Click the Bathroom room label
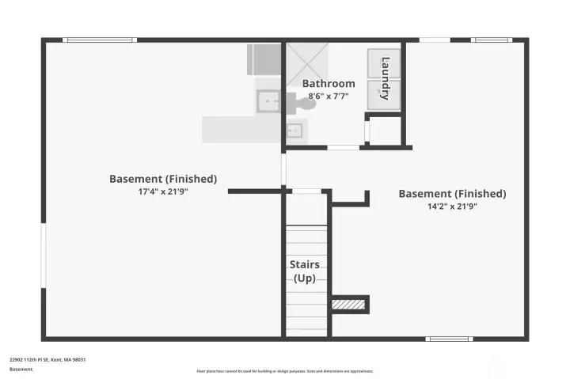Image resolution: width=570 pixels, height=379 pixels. (x=329, y=83)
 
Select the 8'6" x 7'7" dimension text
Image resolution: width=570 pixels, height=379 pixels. (x=329, y=97)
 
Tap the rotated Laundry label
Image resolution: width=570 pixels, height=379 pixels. (x=386, y=78)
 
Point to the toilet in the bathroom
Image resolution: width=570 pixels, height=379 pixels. (x=306, y=102)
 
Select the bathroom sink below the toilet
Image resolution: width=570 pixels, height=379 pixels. (x=294, y=130)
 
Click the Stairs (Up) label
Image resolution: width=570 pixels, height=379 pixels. (x=306, y=271)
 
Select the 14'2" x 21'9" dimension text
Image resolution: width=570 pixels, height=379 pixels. (x=452, y=207)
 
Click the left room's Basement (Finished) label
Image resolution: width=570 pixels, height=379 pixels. (x=163, y=179)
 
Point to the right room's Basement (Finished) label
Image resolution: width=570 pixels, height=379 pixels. (x=452, y=193)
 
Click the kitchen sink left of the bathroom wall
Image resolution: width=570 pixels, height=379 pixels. (x=268, y=101)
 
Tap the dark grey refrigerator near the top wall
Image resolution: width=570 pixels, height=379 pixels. (x=264, y=59)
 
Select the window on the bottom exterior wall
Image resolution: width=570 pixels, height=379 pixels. (x=448, y=339)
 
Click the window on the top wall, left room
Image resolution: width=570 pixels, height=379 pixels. (x=100, y=40)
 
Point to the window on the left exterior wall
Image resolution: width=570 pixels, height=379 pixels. (x=43, y=249)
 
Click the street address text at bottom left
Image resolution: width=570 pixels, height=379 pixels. (x=47, y=359)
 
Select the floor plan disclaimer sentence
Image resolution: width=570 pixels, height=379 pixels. (x=284, y=370)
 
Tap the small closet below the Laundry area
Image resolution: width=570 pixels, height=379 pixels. (x=386, y=131)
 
